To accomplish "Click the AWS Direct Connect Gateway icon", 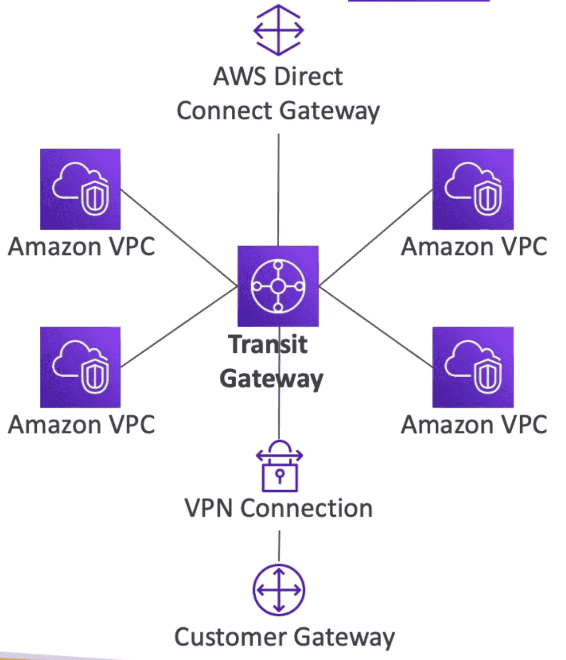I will (279, 30).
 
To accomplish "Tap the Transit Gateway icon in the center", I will (278, 286).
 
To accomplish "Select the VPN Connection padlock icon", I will (280, 467).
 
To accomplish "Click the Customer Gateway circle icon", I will (279, 590).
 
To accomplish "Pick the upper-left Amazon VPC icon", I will (80, 189).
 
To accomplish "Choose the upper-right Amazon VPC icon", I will (472, 189).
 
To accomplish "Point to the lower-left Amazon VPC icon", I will (80, 367).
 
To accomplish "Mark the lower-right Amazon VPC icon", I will (472, 367).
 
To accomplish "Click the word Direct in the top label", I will (308, 77).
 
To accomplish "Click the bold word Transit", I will (268, 344).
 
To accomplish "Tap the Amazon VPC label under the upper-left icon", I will (82, 247).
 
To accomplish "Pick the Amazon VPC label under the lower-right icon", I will (474, 425).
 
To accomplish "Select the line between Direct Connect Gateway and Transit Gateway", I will (279, 189).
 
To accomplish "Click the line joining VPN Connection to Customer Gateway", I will (279, 546).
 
